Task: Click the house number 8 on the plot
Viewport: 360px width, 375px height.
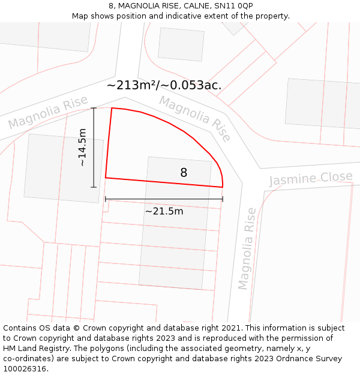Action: point(184,173)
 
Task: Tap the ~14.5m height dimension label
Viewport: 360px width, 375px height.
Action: point(82,148)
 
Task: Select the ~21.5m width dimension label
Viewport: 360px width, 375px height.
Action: point(164,211)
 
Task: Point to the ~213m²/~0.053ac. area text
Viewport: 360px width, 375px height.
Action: point(164,85)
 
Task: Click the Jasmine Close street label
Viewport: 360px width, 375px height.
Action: point(311,179)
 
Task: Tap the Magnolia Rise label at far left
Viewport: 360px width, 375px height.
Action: point(48,113)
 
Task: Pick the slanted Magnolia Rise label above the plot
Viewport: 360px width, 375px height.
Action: point(195,119)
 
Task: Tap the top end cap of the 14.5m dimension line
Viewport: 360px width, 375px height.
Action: point(94,108)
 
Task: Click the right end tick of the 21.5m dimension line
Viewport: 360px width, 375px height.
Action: point(223,199)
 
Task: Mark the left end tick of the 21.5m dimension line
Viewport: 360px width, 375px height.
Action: point(106,199)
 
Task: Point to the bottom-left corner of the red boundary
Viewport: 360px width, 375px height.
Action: point(106,178)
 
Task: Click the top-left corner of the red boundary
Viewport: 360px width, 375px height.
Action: point(112,108)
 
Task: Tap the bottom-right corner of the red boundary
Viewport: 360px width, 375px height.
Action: point(223,187)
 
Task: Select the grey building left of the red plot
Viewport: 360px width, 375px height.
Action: point(63,168)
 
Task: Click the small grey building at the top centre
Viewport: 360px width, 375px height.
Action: point(181,44)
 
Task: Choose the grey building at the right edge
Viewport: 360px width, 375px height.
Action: point(322,112)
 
